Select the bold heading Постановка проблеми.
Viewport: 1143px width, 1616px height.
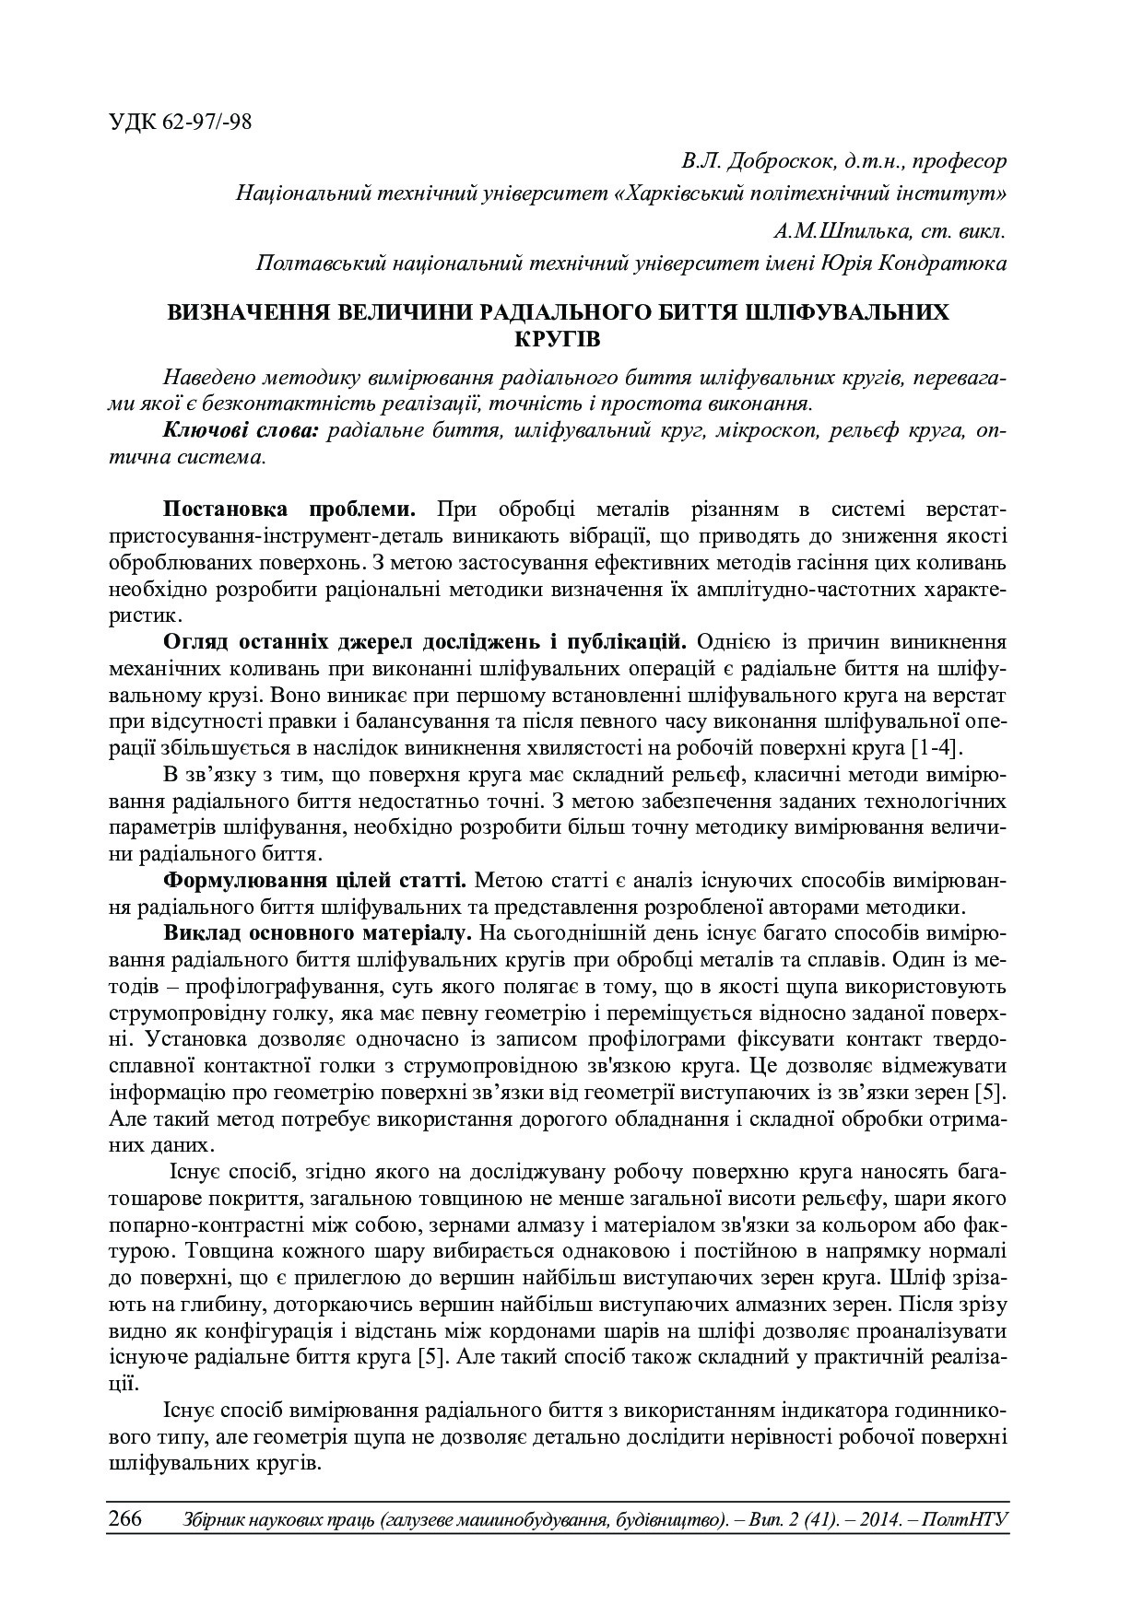[x=290, y=509]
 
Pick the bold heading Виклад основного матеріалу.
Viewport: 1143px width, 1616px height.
[x=318, y=932]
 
